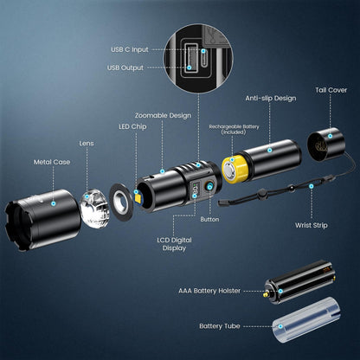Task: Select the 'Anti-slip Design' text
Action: pos(270,98)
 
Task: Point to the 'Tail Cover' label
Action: pos(331,89)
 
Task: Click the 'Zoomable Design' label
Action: pos(162,115)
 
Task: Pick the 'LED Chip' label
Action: pos(132,126)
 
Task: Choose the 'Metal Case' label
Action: pos(51,160)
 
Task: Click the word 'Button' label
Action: pos(209,219)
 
